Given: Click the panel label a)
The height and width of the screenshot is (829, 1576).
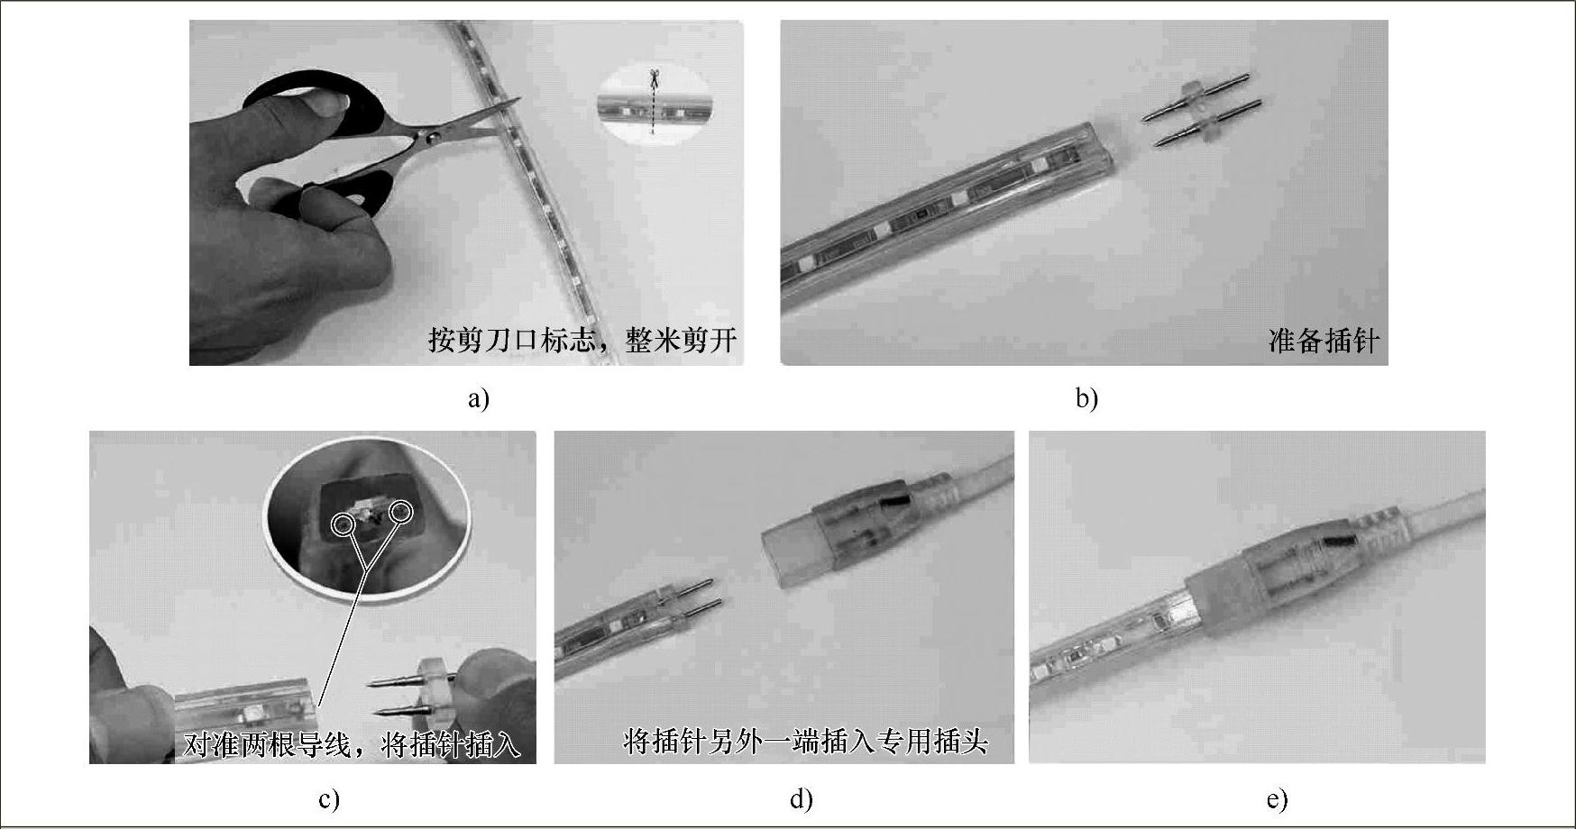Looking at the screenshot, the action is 478,398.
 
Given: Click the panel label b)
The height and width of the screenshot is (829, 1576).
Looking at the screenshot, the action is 1086,398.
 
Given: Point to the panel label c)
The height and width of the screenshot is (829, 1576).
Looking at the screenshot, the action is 328,799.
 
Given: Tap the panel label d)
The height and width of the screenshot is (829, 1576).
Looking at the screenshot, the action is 801,799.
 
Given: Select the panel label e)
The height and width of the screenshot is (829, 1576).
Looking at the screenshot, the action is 1277,799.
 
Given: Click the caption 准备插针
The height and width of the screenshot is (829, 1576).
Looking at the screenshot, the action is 1323,341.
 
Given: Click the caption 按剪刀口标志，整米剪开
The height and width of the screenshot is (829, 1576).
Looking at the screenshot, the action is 582,340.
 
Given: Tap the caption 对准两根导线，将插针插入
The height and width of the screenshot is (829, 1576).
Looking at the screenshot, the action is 353,745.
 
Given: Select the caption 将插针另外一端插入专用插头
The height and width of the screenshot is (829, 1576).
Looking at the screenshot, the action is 805,741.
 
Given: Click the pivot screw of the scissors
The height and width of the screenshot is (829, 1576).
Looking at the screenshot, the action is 434,136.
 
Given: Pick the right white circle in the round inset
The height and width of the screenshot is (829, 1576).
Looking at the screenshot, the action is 400,513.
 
